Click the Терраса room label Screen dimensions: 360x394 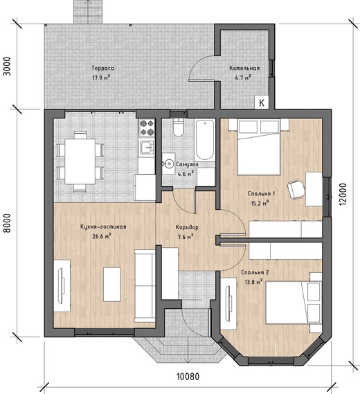[x=102, y=68]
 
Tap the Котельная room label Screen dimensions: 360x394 [x=244, y=68]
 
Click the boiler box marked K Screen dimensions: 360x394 [x=262, y=102]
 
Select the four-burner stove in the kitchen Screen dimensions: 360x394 [x=147, y=127]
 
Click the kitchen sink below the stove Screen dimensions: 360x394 [x=147, y=147]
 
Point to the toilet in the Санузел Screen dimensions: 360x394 [x=179, y=127]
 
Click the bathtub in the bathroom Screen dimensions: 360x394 [x=205, y=140]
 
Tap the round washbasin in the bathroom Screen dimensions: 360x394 [x=168, y=164]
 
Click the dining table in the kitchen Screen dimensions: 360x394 [x=80, y=161]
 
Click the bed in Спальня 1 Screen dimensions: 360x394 [x=259, y=147]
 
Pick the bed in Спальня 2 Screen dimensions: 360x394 [x=294, y=303]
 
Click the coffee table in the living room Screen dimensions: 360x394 [x=112, y=285]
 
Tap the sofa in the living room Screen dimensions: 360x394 [x=145, y=286]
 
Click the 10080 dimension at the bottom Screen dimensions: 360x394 [x=188, y=377]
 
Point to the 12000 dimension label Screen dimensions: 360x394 [x=343, y=195]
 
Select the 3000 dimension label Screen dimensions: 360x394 [x=8, y=66]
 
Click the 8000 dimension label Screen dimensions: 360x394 [x=8, y=223]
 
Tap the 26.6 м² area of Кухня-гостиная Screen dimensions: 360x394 [x=102, y=236]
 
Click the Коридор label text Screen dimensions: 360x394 [x=187, y=227]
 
